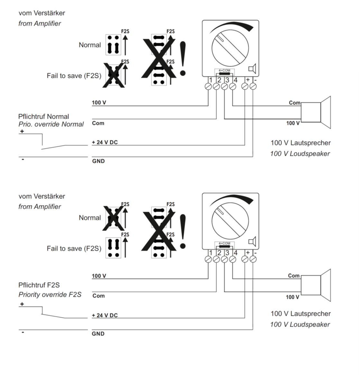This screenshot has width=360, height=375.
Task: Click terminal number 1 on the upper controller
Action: pos(210,80)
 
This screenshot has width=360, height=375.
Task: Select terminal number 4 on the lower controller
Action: pos(235,253)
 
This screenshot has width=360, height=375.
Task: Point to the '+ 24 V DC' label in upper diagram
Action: pos(105,142)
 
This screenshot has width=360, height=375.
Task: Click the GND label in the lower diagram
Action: pos(98,334)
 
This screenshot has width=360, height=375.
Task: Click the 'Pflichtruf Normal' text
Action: pos(44,116)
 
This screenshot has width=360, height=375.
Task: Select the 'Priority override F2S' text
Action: pos(50,294)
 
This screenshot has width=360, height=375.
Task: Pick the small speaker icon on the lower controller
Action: pos(252,241)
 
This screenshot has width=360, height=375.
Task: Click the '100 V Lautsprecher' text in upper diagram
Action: pos(300,143)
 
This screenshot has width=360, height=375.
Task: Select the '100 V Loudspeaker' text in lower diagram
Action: pos(300,324)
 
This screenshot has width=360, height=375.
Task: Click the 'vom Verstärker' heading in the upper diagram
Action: pos(42,13)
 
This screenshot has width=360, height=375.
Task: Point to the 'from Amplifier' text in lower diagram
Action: pos(40,207)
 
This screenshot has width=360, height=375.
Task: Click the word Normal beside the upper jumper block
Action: pos(90,45)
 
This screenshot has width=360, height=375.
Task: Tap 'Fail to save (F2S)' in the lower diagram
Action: pos(74,248)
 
